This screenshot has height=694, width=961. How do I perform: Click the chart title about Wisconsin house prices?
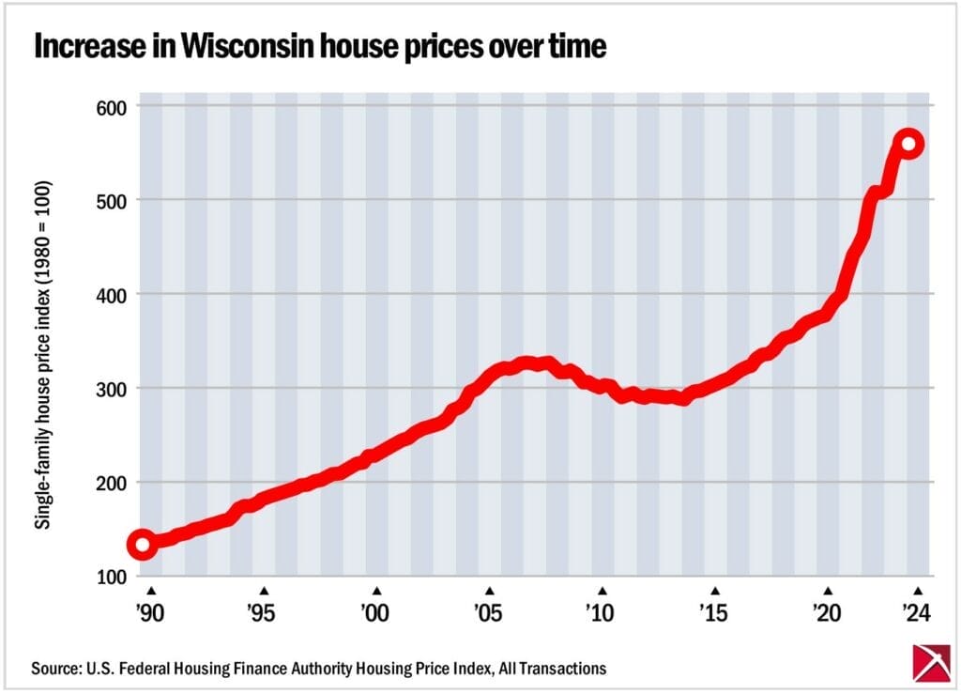[319, 49]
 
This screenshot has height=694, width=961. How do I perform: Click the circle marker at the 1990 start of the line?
[142, 545]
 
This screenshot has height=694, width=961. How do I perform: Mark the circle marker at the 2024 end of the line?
[908, 144]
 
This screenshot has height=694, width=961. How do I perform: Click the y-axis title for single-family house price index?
[42, 354]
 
